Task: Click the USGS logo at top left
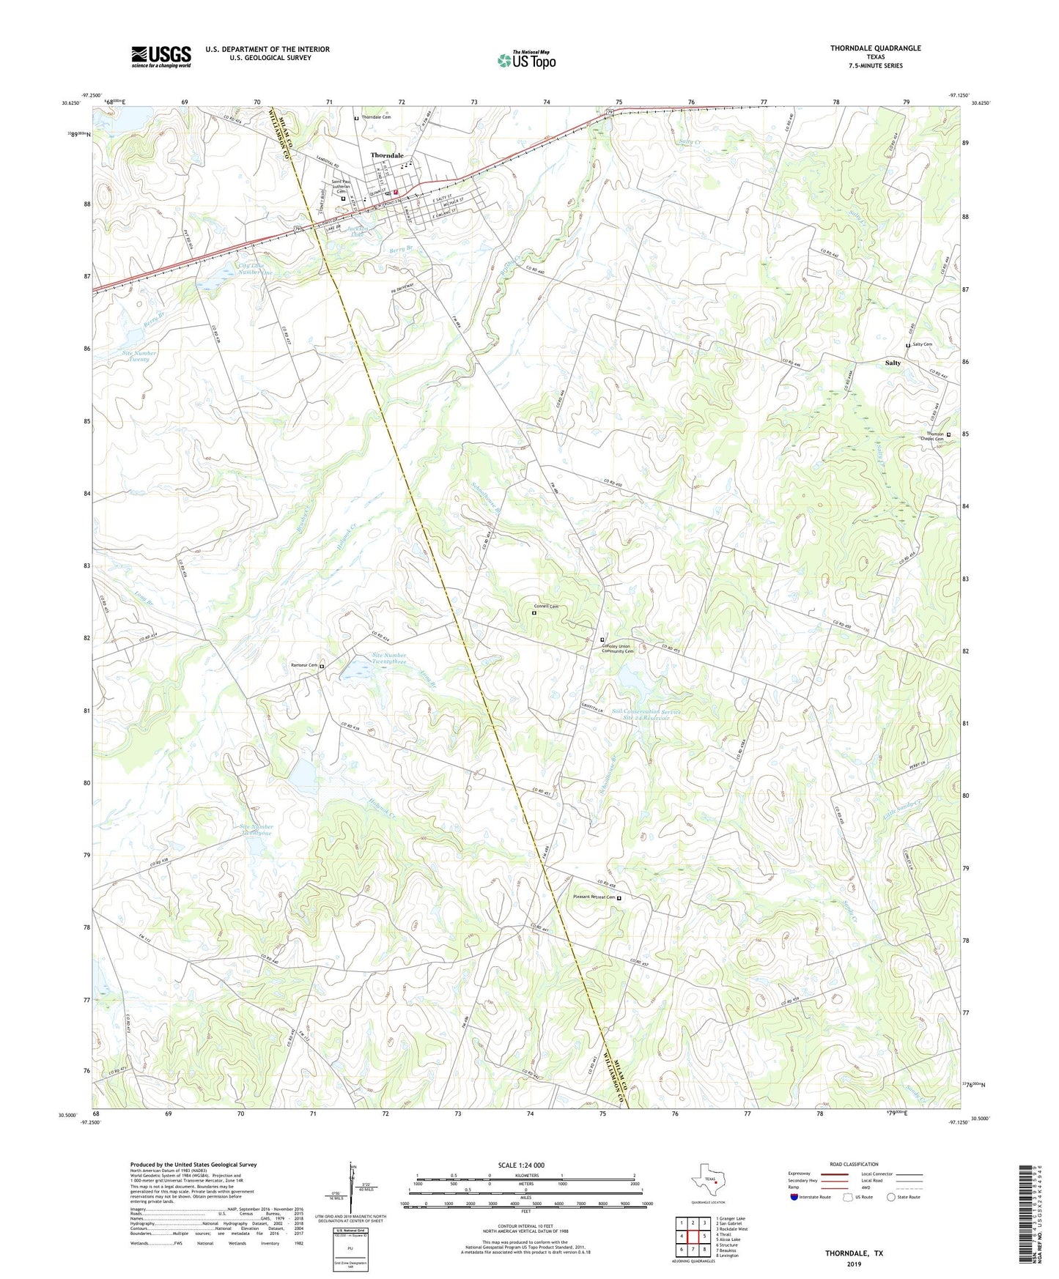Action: tap(161, 56)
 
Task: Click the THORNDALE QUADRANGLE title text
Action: tap(875, 48)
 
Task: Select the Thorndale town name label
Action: tap(386, 155)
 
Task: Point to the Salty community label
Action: tap(892, 363)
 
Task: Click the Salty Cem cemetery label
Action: tap(922, 344)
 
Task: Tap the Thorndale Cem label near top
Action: tap(376, 117)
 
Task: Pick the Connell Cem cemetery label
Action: tap(545, 607)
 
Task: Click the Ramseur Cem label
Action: tap(304, 665)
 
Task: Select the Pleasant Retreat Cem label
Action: tap(593, 897)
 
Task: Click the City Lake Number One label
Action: tap(255, 268)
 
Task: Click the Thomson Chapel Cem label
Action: tap(935, 437)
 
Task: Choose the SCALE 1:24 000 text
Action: tap(521, 1165)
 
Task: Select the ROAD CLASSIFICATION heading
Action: tap(853, 1164)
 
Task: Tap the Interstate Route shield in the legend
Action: tap(795, 1197)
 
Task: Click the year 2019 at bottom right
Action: tap(854, 1264)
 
